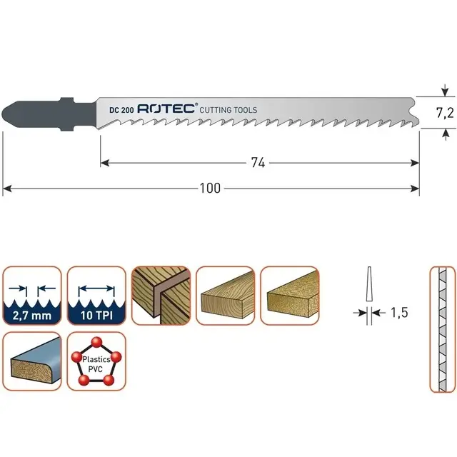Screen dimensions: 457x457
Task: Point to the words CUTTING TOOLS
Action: [x=228, y=110]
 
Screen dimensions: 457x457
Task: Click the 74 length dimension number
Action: [x=258, y=164]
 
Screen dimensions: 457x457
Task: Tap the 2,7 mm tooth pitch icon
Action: [x=32, y=296]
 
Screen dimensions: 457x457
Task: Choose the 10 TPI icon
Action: [x=96, y=296]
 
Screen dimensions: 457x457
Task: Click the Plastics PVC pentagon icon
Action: [x=96, y=360]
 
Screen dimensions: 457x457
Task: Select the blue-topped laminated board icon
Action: [x=32, y=360]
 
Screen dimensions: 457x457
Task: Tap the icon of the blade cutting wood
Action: [x=160, y=296]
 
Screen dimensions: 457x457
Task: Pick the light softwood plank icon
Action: [x=224, y=296]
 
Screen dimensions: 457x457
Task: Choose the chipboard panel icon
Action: [x=288, y=296]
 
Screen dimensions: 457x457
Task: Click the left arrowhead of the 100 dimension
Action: [x=6, y=189]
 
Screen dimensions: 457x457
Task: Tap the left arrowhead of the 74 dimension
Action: [x=103, y=164]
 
